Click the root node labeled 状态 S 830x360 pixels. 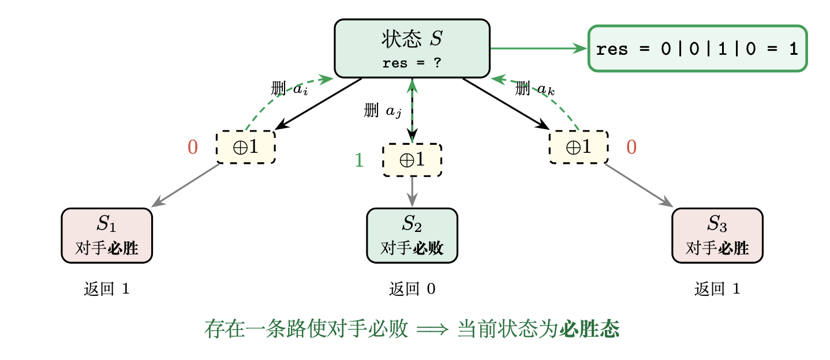412,48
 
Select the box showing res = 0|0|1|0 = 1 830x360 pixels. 697,49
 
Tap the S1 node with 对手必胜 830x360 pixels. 107,235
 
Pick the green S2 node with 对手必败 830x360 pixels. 412,235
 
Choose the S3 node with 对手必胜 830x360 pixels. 717,235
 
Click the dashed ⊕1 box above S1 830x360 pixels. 245,147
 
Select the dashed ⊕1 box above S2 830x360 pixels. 412,160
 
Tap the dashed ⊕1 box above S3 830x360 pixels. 578,147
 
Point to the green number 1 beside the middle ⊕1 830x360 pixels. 358,160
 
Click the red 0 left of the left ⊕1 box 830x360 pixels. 193,148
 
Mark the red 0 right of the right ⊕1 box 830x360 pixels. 631,148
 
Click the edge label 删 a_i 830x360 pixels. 289,89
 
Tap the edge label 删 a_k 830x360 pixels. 535,89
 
